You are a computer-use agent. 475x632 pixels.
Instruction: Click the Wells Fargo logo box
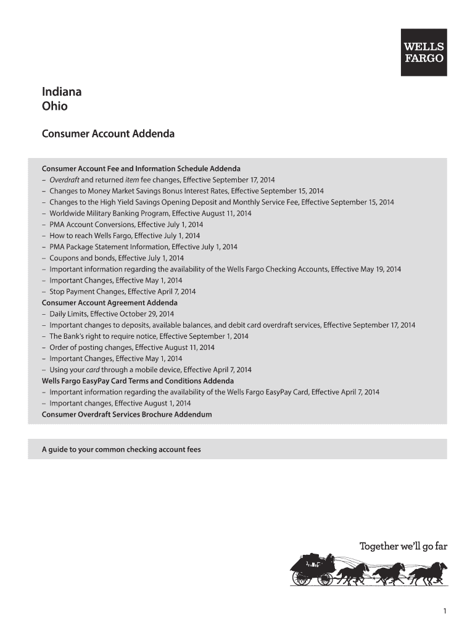pos(424,52)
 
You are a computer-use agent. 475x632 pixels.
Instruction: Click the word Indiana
pos(62,92)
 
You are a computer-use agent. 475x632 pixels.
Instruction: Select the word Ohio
pos(55,106)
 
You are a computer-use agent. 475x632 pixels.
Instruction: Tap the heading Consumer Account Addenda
pos(108,133)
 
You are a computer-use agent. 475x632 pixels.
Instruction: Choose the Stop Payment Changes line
pos(122,291)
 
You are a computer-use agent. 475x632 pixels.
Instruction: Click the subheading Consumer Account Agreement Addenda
pos(109,303)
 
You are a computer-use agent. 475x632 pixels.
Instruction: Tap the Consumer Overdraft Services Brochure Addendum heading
pos(126,414)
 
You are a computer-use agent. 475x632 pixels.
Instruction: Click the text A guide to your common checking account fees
pos(121,449)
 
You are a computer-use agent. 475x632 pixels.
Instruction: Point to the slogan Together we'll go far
pos(403,546)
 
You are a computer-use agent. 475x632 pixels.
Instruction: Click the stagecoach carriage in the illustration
pos(313,569)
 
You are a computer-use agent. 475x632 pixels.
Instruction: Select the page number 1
pos(444,611)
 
